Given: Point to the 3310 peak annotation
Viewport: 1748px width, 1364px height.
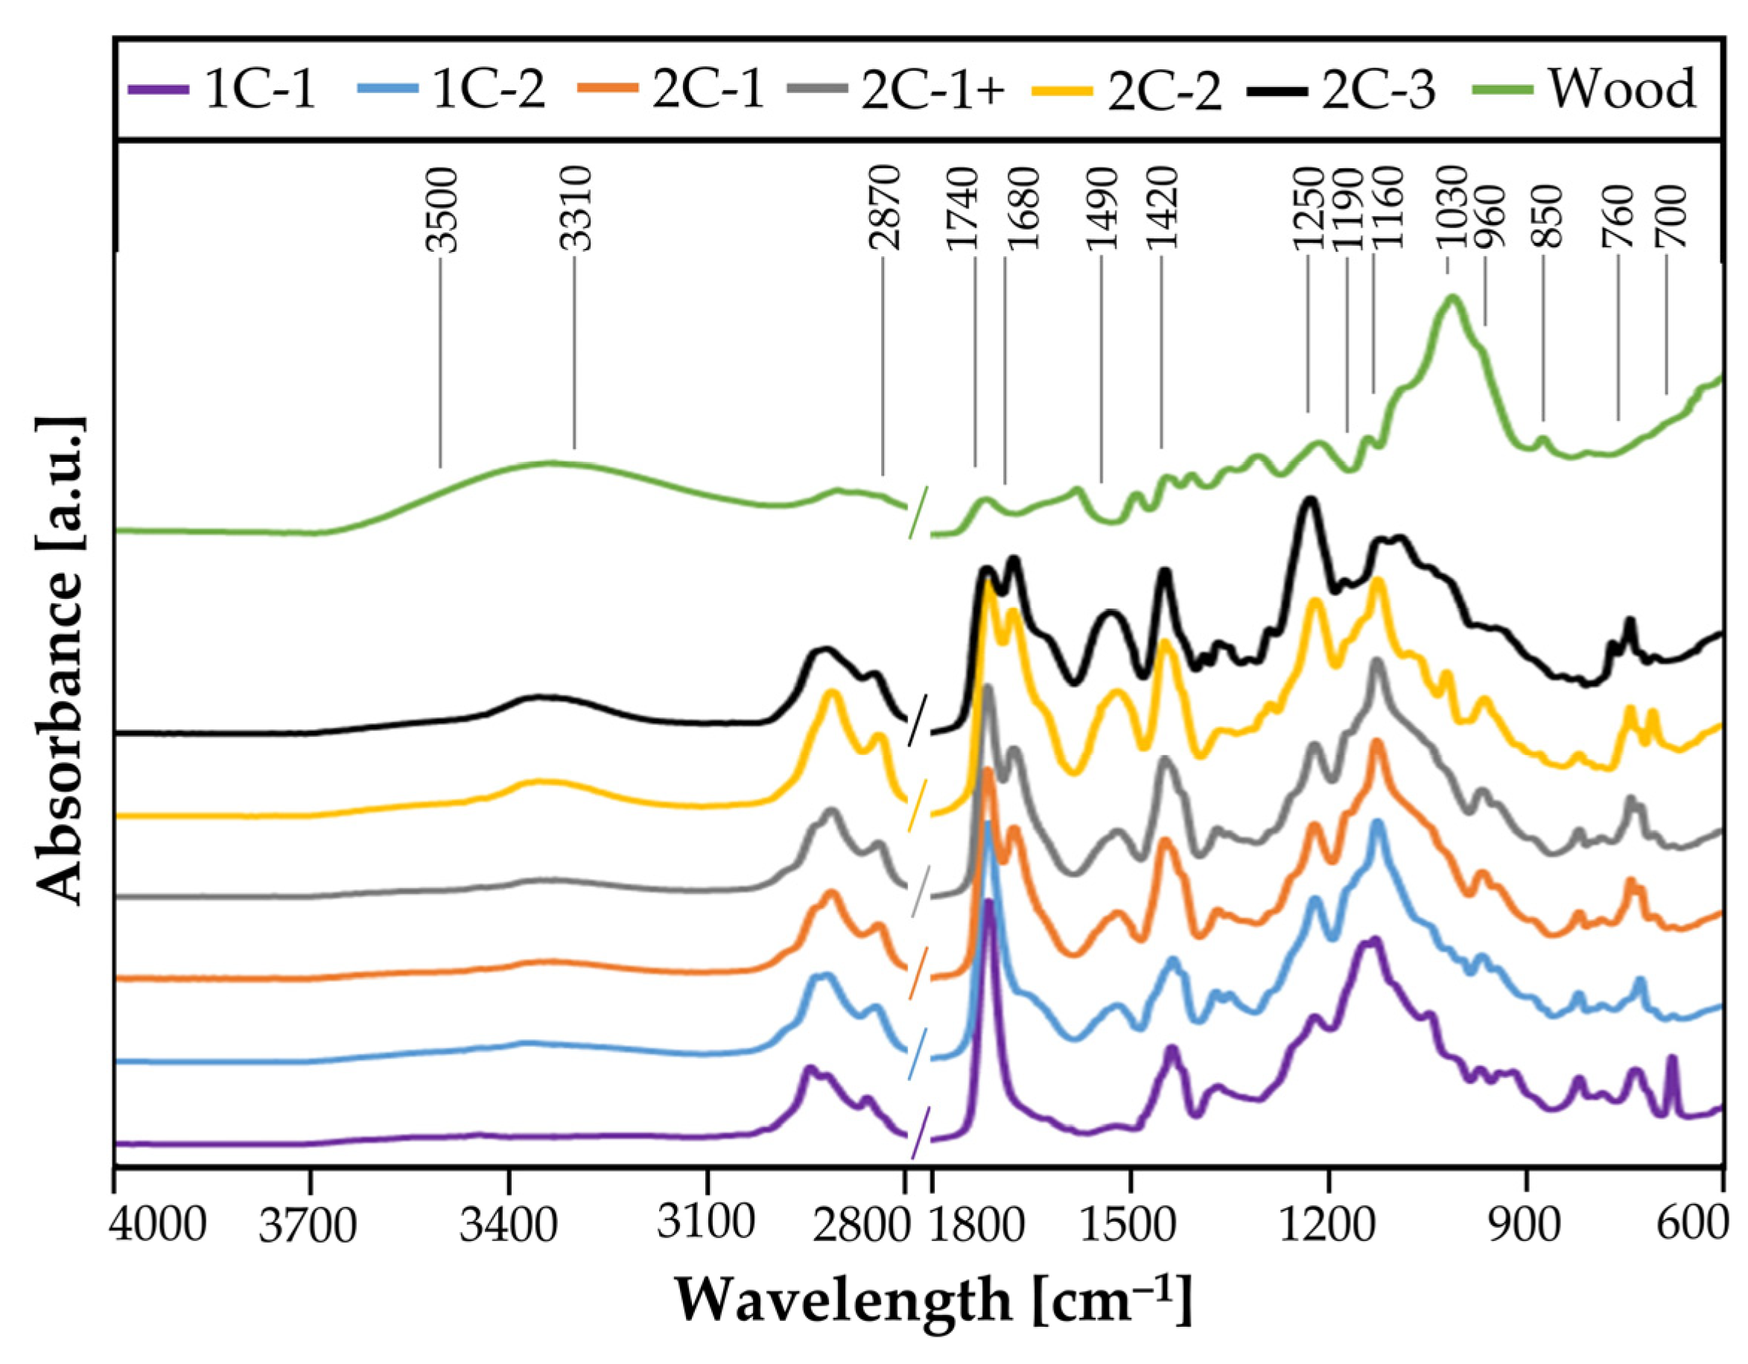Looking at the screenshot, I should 576,208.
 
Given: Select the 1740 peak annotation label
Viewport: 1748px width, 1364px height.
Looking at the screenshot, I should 963,208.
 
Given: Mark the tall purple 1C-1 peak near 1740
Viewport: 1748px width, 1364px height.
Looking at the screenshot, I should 989,904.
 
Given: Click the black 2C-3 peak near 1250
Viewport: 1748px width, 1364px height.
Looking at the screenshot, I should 1309,501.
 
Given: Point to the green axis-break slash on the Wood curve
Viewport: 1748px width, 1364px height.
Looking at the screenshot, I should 918,513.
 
